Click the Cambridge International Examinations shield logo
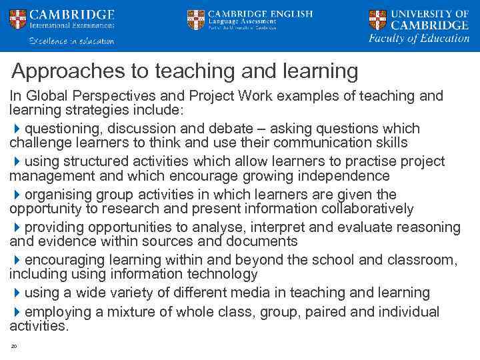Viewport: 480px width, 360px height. coord(18,19)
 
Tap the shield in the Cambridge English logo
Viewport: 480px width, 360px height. coord(196,19)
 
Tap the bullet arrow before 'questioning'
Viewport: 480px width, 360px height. coord(17,128)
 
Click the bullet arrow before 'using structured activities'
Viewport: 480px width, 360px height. coord(17,161)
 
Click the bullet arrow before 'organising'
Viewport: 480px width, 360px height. coord(17,195)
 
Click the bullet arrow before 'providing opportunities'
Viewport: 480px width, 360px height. coord(17,227)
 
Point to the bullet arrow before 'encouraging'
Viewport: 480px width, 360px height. coord(17,260)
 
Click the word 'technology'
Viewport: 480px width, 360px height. coord(220,274)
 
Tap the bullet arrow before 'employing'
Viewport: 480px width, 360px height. coord(17,312)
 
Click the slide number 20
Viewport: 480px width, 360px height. coord(13,346)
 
